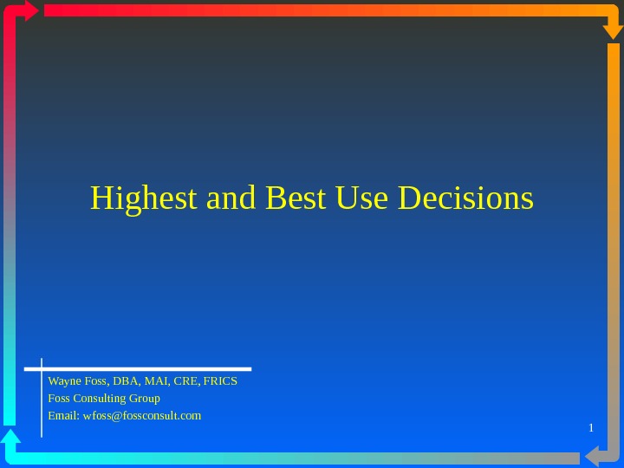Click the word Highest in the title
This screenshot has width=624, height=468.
click(x=145, y=198)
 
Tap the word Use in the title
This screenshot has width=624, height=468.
click(x=363, y=198)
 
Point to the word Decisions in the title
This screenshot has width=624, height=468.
click(x=465, y=198)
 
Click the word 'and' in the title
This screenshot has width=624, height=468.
click(x=232, y=198)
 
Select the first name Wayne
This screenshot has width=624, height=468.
click(x=63, y=381)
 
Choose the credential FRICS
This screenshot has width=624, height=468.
click(x=220, y=381)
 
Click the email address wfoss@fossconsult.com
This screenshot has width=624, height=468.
click(x=140, y=416)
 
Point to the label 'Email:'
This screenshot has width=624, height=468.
click(x=62, y=416)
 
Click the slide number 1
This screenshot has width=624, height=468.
click(x=590, y=428)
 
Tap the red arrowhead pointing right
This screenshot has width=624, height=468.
click(x=32, y=10)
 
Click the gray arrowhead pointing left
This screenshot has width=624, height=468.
click(x=592, y=457)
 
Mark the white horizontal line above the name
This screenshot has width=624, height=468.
click(x=147, y=368)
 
